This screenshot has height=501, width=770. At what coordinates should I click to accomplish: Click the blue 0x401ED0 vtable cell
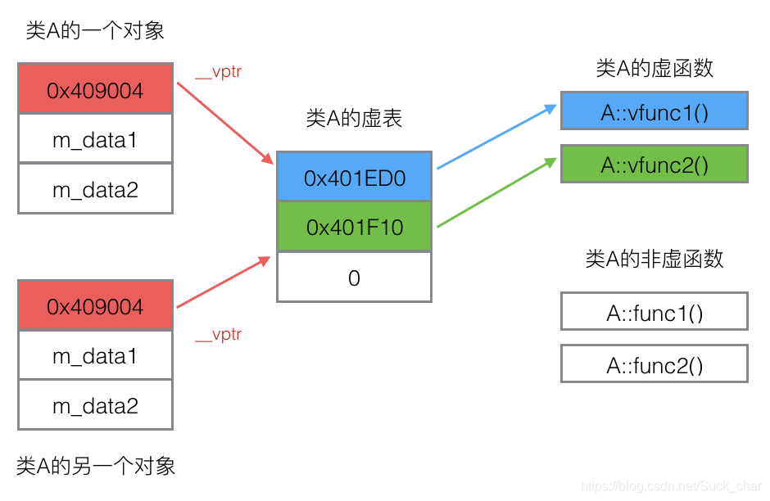[x=354, y=177]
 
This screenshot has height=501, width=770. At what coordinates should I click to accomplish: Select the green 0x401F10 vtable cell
[x=354, y=227]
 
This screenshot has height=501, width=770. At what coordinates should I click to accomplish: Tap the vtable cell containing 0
[x=354, y=278]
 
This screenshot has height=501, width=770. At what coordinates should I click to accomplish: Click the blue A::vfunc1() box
[x=654, y=111]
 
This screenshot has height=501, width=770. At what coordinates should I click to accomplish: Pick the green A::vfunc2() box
[x=654, y=164]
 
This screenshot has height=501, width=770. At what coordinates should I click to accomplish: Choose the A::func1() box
[x=654, y=312]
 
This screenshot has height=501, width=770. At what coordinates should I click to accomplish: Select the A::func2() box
[x=654, y=364]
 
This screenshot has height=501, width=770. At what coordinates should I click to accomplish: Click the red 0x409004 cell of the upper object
[x=95, y=89]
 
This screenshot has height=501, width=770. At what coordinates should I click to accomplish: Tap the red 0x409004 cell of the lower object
[x=95, y=305]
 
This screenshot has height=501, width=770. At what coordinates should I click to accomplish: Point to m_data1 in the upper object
[x=95, y=139]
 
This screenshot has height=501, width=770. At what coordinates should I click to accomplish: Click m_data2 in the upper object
[x=95, y=189]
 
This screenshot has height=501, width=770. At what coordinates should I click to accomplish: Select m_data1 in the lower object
[x=95, y=355]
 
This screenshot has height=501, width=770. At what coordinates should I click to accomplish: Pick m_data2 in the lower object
[x=95, y=405]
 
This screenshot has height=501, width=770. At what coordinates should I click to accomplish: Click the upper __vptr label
[x=218, y=72]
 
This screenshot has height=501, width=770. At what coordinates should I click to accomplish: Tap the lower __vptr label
[x=218, y=334]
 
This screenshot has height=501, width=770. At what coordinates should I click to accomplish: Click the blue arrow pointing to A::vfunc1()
[x=496, y=137]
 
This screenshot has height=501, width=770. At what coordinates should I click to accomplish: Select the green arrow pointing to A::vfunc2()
[x=496, y=193]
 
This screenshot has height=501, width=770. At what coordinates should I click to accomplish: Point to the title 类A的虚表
[x=354, y=119]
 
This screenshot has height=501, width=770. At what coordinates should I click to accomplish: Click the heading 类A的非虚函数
[x=654, y=260]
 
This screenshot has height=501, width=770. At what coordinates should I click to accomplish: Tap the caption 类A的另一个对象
[x=96, y=467]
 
